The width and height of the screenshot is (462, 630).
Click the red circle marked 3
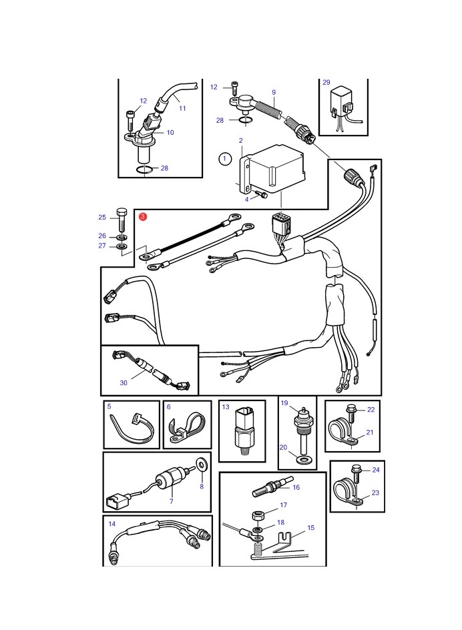pyautogui.click(x=143, y=216)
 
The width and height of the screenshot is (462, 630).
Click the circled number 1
pyautogui.click(x=225, y=159)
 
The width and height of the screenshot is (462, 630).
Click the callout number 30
pyautogui.click(x=124, y=383)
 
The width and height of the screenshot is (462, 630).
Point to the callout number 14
pyautogui.click(x=111, y=523)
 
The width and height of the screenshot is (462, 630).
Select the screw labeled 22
pyautogui.click(x=350, y=414)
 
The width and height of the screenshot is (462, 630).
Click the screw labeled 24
pyautogui.click(x=355, y=475)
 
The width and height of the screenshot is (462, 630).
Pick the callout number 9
pyautogui.click(x=274, y=92)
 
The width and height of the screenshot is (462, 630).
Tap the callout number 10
pyautogui.click(x=170, y=133)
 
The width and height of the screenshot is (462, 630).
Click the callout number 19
pyautogui.click(x=284, y=402)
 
